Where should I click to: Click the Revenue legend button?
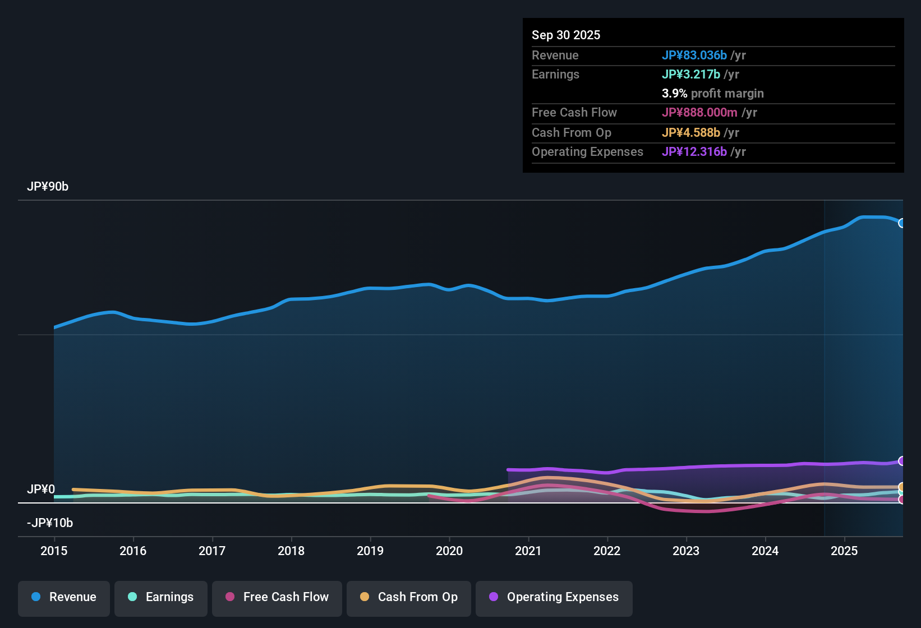coord(64,597)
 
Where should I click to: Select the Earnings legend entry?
coord(161,597)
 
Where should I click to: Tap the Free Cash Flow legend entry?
coord(277,597)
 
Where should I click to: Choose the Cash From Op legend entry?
coord(409,597)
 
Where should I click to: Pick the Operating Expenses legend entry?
coord(554,597)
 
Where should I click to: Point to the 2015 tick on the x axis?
coord(54,551)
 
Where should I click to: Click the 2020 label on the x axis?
coord(449,551)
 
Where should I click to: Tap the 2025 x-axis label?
coord(844,551)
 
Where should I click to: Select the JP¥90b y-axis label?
coord(48,187)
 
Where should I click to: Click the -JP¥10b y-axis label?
coord(50,523)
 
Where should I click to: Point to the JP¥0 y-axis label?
coord(41,490)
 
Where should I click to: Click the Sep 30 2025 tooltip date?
coord(566,35)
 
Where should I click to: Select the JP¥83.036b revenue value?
coord(694,56)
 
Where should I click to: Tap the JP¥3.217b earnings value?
coord(690,75)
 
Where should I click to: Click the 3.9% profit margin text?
coord(712,94)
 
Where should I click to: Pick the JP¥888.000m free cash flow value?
coord(699,113)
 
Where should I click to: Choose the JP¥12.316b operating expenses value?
coord(694,152)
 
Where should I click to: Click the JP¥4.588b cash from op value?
coord(690,133)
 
